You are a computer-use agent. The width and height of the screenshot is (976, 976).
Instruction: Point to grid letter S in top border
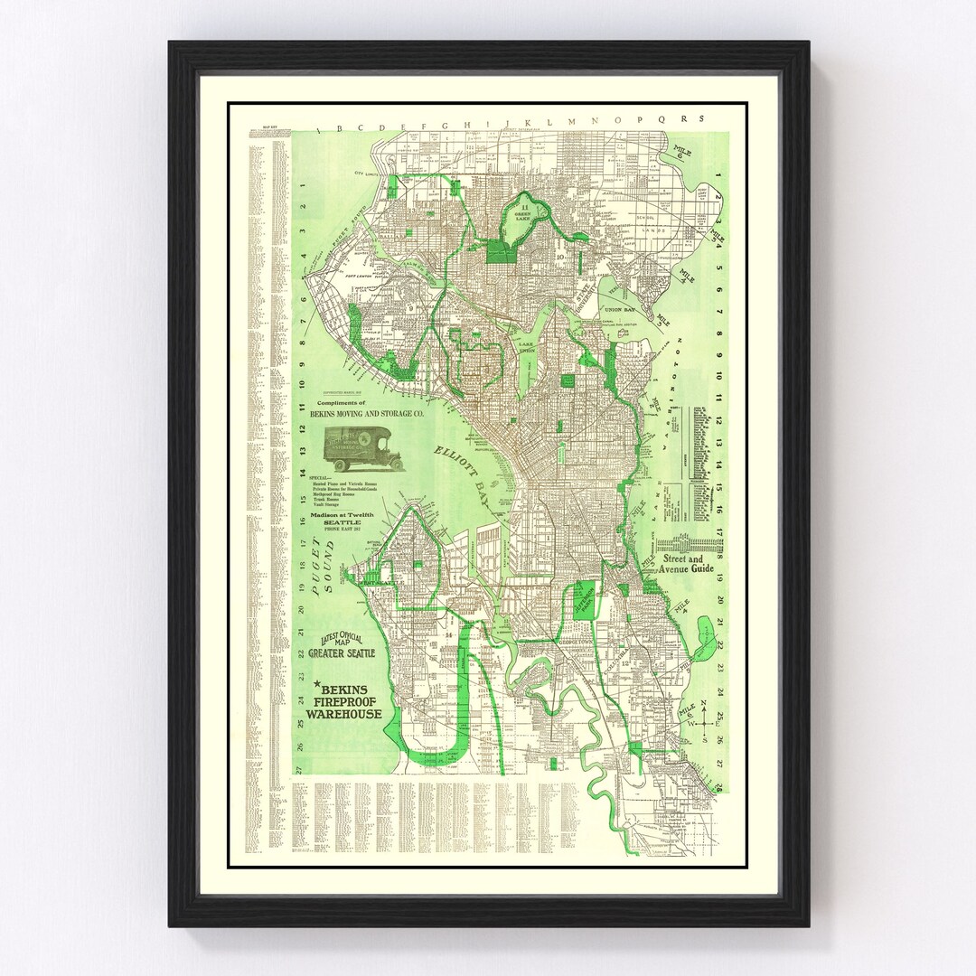click(699, 118)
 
